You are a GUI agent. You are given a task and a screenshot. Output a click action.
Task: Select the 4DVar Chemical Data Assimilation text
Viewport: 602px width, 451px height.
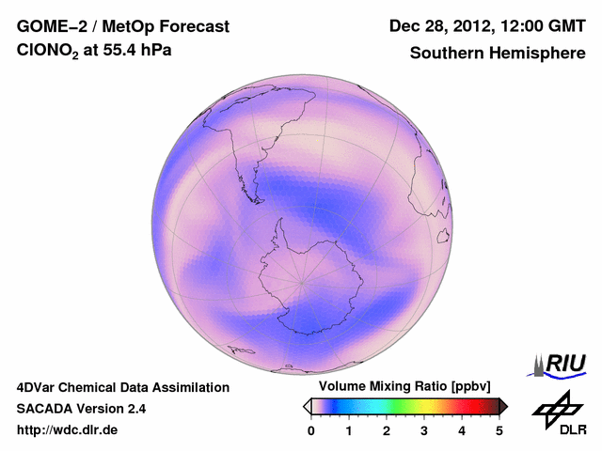(x=122, y=387)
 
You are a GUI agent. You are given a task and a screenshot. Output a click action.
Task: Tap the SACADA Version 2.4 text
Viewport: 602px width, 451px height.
(x=81, y=409)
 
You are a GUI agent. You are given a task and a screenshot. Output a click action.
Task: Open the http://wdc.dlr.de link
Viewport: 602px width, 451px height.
(x=68, y=430)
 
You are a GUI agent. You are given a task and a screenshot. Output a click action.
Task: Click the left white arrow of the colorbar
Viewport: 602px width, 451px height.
(x=307, y=406)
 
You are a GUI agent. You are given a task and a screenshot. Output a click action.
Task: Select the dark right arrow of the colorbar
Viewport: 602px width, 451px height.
(x=503, y=406)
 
